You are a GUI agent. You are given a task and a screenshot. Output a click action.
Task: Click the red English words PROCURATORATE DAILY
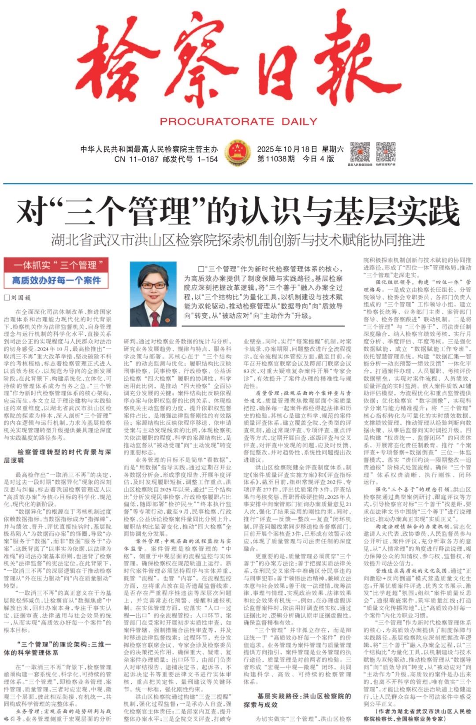point(238,122)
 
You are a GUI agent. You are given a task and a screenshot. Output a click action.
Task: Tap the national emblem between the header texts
point(237,152)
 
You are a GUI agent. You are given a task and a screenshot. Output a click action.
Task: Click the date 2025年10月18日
point(287,149)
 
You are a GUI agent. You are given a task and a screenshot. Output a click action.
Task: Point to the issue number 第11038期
point(276,159)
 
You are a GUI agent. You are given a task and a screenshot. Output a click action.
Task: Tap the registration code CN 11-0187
point(137,159)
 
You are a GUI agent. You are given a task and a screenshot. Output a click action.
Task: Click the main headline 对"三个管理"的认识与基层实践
point(238,211)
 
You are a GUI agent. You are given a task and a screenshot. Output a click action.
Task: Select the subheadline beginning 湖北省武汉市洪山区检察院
point(238,240)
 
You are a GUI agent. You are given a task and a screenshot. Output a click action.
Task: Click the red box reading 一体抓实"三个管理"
point(56,265)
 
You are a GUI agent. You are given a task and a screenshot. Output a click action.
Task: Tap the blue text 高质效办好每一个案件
point(56,280)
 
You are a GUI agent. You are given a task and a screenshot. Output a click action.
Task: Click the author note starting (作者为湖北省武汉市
point(417,715)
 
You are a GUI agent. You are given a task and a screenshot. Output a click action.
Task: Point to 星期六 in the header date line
point(333,149)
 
